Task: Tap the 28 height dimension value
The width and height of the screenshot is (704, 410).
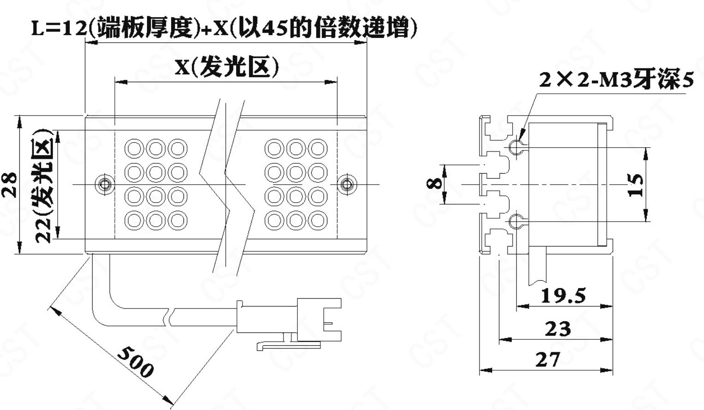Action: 10,185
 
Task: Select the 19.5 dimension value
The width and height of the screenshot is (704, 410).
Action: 563,296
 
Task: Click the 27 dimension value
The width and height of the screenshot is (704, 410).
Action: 548,360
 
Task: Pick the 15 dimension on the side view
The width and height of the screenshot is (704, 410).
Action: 636,185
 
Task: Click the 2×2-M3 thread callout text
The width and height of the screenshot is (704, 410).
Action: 616,80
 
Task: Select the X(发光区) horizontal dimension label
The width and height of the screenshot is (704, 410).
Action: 227,68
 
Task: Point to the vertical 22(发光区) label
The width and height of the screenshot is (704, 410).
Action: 44,185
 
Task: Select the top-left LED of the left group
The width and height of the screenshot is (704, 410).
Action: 134,149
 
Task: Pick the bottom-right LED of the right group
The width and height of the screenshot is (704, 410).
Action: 318,221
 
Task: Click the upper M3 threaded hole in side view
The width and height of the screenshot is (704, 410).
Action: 516,147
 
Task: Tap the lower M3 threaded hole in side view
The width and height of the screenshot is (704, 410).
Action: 516,222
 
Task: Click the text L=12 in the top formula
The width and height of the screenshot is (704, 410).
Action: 59,29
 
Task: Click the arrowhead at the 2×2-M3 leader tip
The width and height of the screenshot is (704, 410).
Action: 521,138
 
